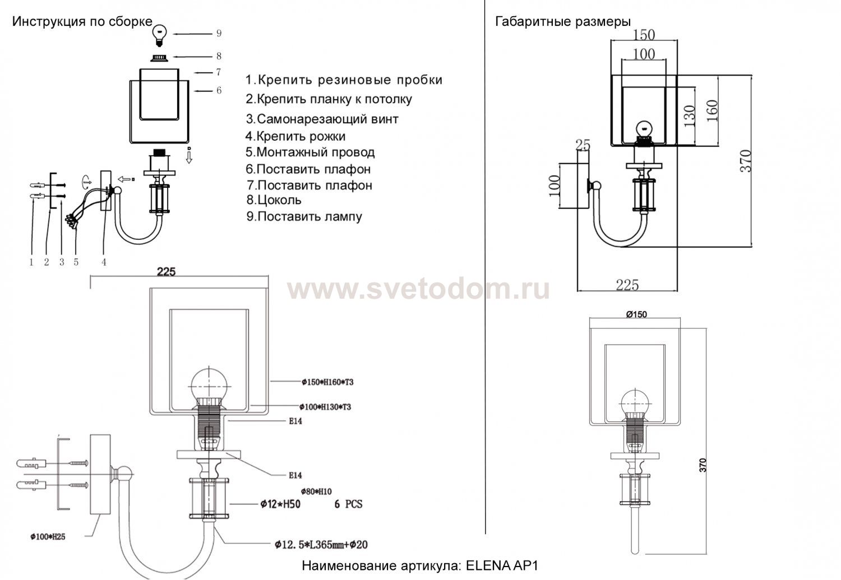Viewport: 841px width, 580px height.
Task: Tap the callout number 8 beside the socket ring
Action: tap(219, 56)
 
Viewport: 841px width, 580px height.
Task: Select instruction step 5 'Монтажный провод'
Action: tap(310, 152)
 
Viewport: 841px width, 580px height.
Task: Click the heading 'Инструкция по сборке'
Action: tap(82, 22)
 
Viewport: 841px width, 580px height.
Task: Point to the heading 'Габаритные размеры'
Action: tap(563, 22)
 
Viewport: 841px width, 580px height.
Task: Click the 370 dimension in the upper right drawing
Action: tap(745, 161)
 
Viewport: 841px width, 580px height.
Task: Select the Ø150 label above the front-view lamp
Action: tap(636, 314)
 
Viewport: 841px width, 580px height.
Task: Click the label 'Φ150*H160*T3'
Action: tap(327, 382)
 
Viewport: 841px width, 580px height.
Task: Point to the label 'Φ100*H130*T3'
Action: tap(326, 407)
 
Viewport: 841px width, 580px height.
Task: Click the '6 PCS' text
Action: tap(348, 504)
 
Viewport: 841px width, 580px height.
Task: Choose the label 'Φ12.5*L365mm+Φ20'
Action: tap(321, 544)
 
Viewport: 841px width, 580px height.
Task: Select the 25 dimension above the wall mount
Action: tap(583, 145)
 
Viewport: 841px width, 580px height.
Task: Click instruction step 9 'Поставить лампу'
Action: tap(304, 216)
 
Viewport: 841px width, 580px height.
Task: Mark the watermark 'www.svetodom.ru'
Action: tap(419, 290)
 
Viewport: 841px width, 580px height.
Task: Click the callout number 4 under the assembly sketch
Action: tap(104, 262)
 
